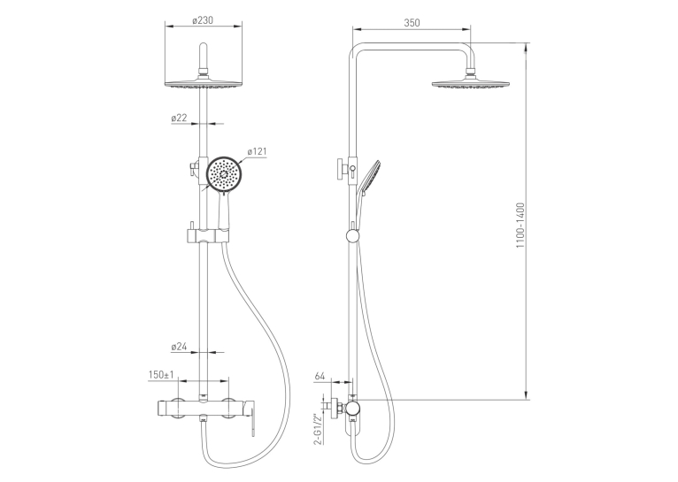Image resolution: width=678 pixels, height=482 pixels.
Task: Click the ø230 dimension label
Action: pos(203,19)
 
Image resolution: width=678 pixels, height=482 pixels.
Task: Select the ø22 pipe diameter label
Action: pos(179,118)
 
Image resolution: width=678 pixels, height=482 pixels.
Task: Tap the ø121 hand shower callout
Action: pos(258,151)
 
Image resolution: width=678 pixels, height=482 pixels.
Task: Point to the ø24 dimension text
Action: pos(179,347)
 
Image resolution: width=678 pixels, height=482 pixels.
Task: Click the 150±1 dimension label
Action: pos(161,374)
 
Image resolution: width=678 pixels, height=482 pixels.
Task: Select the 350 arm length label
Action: pos(412,23)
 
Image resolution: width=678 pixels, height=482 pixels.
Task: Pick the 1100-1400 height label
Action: pos(520,226)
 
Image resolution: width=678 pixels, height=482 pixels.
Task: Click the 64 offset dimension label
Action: pos(320,376)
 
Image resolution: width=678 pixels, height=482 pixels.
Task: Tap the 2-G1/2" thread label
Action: pos(319,429)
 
